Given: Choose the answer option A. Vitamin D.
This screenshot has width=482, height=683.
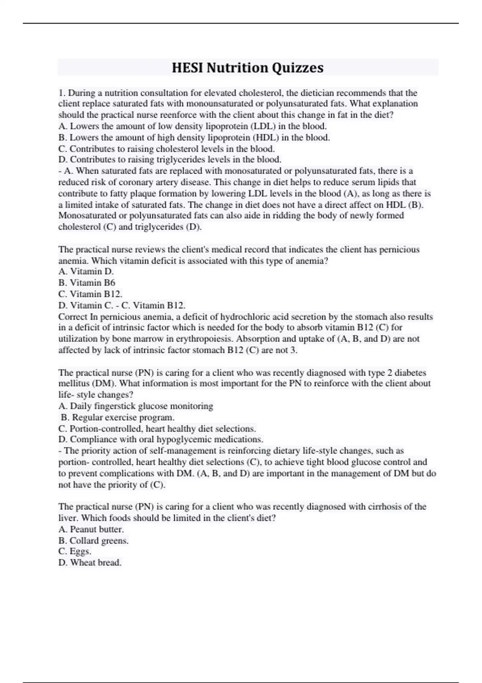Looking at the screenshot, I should coord(86,272).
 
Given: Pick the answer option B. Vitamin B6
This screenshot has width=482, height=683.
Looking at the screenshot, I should coord(87,283).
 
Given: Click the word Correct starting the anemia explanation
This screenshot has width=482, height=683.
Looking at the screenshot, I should coord(73,317).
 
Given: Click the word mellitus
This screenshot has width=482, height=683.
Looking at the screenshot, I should coord(74,384).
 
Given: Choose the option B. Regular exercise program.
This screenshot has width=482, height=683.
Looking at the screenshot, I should coord(117,417).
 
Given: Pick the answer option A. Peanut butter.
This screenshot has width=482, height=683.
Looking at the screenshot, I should coord(91,529).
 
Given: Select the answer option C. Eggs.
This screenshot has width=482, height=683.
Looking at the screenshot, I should coord(75,552).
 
